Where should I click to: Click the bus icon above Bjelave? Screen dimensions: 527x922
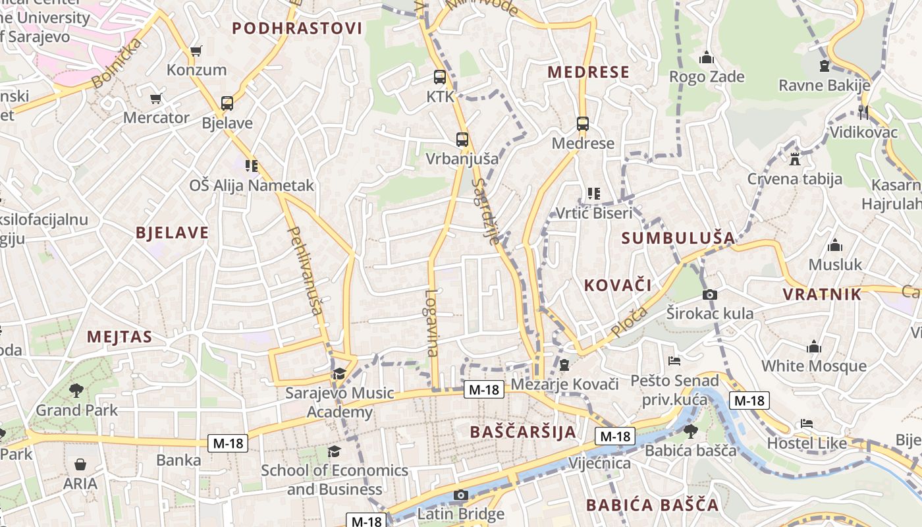(227, 103)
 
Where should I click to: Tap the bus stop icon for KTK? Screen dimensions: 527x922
(440, 77)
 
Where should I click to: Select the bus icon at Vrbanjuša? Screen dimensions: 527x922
(462, 139)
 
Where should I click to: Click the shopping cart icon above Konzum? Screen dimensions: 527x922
(196, 51)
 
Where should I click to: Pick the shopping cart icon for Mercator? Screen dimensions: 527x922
(156, 99)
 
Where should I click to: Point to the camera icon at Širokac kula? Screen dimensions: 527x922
(710, 294)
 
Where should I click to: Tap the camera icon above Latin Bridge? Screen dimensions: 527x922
(461, 495)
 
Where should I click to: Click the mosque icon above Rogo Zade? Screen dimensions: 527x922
(707, 58)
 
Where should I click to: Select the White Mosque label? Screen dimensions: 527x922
(814, 366)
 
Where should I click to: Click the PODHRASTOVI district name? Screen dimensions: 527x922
(298, 28)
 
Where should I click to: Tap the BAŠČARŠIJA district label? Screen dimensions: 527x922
(524, 432)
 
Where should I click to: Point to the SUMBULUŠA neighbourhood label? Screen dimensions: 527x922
(678, 238)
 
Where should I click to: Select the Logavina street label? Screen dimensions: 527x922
(431, 323)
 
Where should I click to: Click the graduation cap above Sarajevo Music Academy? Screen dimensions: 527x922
(339, 374)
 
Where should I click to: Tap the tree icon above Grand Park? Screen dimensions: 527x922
(76, 390)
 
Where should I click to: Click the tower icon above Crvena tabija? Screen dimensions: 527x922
(795, 159)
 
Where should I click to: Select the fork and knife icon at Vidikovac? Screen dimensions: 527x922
(863, 112)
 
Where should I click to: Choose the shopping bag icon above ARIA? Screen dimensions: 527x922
(80, 464)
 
